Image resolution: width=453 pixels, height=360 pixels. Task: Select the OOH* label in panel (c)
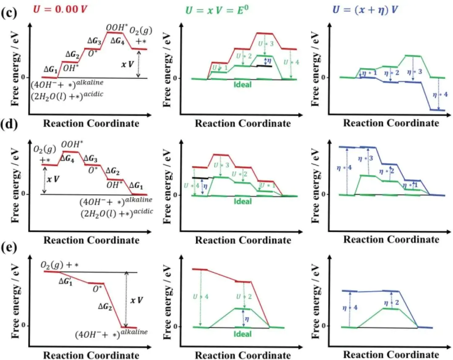[115, 28]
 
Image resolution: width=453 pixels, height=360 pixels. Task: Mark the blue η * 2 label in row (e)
[391, 302]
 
